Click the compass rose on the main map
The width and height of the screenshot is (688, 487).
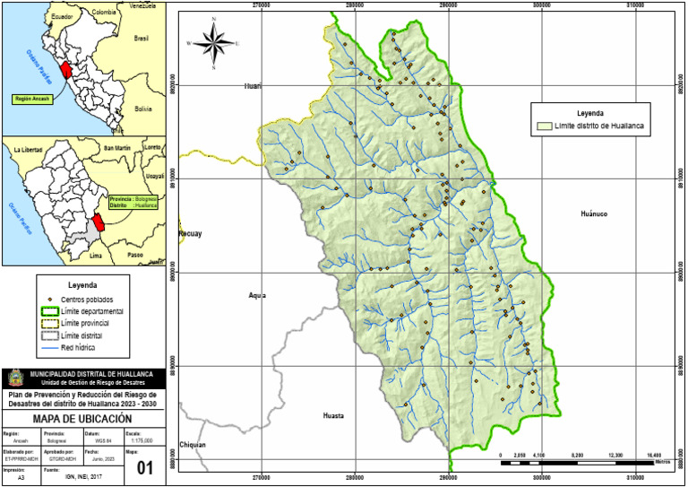pyautogui.click(x=212, y=42)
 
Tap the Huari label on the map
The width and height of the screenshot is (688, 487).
pyautogui.click(x=253, y=86)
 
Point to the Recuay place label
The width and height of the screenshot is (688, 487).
pyautogui.click(x=191, y=234)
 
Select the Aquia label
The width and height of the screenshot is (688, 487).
pyautogui.click(x=257, y=295)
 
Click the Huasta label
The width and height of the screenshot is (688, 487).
pyautogui.click(x=333, y=416)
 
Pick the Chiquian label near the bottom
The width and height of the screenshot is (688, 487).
pyautogui.click(x=192, y=445)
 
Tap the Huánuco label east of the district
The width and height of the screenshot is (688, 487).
pyautogui.click(x=594, y=214)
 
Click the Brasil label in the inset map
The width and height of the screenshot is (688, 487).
pyautogui.click(x=141, y=39)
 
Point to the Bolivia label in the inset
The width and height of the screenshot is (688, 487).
pyautogui.click(x=143, y=108)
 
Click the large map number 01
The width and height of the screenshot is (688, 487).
pyautogui.click(x=145, y=466)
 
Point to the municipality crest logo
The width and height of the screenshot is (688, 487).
pyautogui.click(x=15, y=378)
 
